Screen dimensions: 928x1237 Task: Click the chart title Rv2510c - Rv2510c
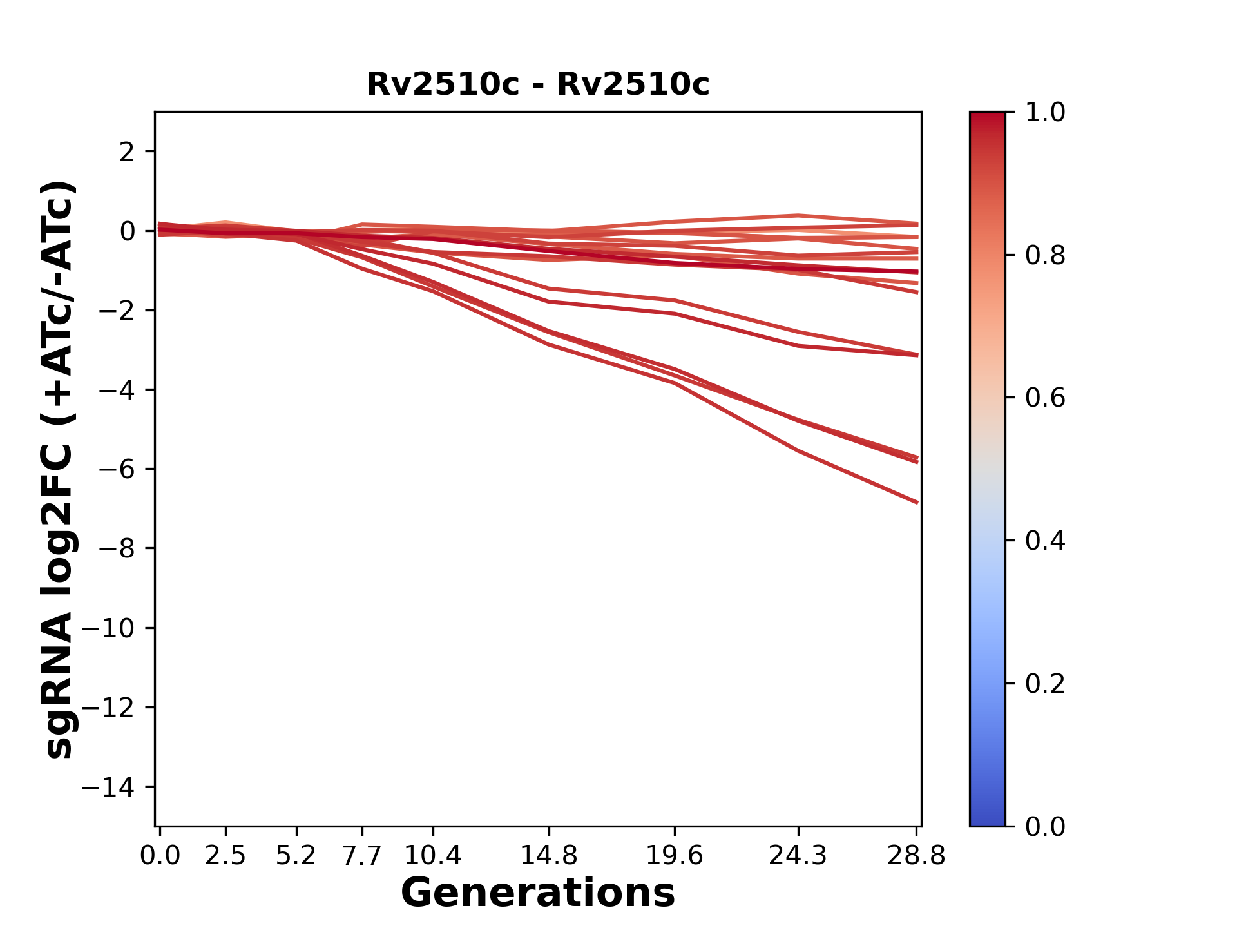(538, 84)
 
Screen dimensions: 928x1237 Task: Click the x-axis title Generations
(538, 893)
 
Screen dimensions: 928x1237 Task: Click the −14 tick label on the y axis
(108, 787)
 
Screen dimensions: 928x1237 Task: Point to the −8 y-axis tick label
(116, 548)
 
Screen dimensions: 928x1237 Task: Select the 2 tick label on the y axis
(127, 152)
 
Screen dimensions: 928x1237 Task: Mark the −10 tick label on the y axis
(108, 628)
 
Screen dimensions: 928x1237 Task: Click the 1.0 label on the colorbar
(1045, 113)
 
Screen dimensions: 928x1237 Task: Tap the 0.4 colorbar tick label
(1045, 541)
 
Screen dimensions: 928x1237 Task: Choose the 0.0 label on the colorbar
(1045, 826)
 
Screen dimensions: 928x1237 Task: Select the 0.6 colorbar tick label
(1045, 398)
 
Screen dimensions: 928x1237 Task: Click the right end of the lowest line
(917, 502)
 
